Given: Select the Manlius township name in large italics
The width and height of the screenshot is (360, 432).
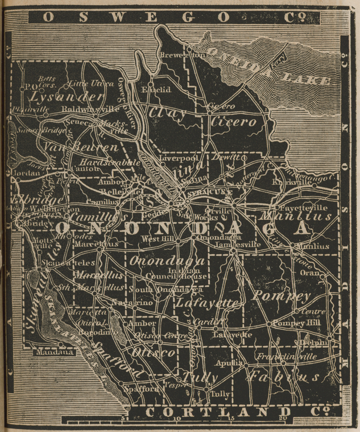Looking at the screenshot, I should [x=295, y=217].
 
